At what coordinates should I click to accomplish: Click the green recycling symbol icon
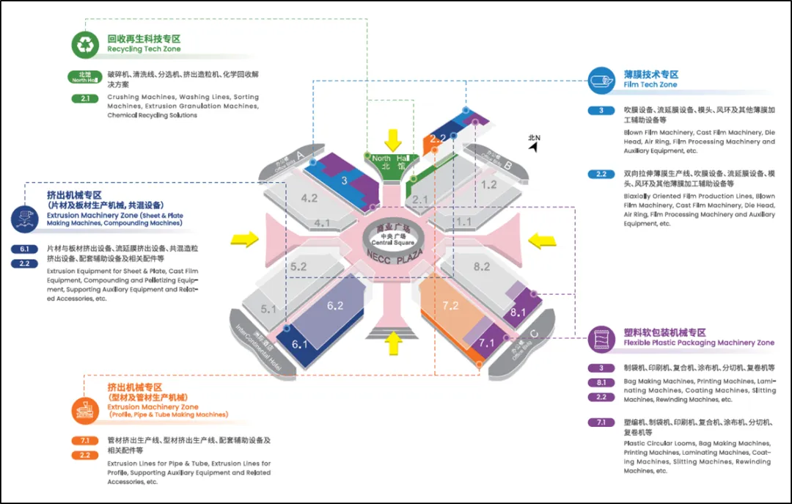click(x=85, y=44)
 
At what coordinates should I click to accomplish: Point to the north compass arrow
click(x=533, y=146)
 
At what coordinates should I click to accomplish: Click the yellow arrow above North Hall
click(x=394, y=139)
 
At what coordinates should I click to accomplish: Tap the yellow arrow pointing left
click(x=543, y=238)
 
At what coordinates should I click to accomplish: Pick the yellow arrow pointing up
click(x=394, y=340)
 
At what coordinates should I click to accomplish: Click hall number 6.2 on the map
click(x=335, y=306)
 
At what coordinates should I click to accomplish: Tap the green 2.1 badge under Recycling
click(x=85, y=98)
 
